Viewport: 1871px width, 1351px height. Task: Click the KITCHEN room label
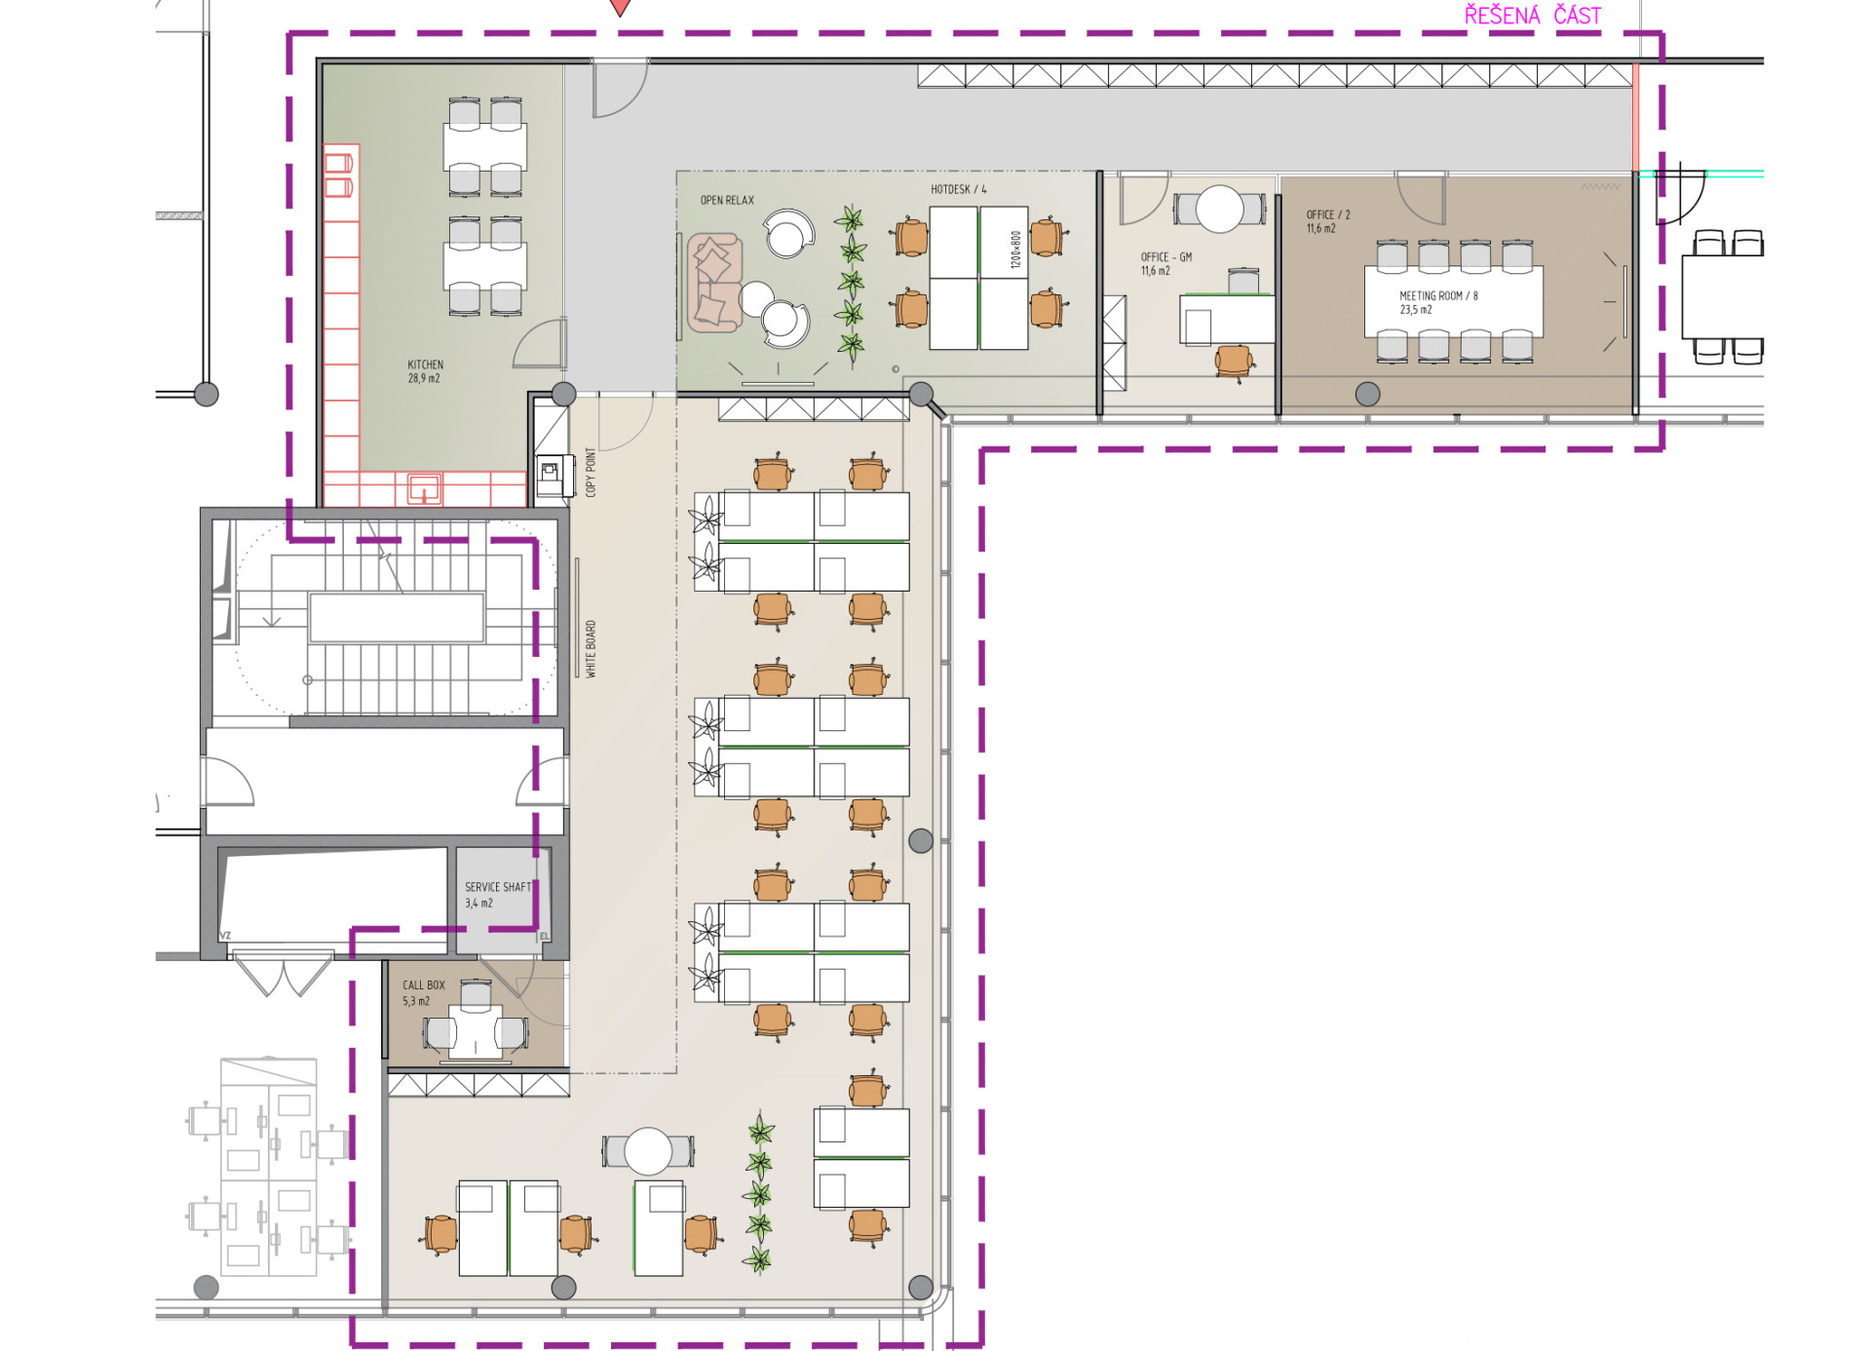tap(425, 365)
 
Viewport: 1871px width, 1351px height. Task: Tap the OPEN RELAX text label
tap(727, 200)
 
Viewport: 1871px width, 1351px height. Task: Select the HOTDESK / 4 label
tap(958, 189)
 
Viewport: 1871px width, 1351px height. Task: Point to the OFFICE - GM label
tap(1166, 257)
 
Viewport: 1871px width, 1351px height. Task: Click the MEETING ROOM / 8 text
tap(1438, 295)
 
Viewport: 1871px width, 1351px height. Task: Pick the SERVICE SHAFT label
tap(498, 887)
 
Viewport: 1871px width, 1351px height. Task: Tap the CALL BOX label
tap(423, 985)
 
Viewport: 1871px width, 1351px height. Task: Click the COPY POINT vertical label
tap(591, 472)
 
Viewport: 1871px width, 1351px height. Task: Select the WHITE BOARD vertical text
tap(591, 649)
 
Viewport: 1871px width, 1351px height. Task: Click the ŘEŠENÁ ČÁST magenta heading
tap(1533, 15)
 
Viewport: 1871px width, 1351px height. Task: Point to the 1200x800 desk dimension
tap(1015, 250)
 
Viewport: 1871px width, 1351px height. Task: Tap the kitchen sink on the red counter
tap(424, 487)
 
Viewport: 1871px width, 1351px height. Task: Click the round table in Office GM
tap(1219, 208)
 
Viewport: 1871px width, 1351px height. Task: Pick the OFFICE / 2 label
tap(1328, 214)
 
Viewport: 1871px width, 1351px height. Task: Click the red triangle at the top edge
tap(620, 8)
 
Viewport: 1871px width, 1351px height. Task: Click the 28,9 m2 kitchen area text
tap(423, 378)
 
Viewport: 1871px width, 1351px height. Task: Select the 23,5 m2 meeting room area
tap(1415, 310)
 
